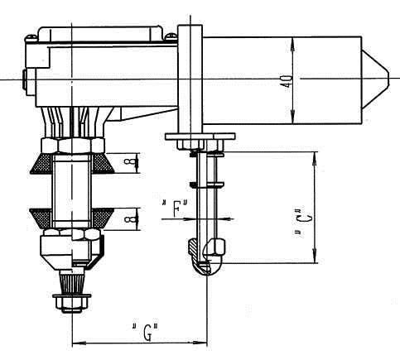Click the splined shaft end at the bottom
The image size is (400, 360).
click(x=72, y=286)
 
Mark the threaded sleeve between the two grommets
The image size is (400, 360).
click(x=72, y=190)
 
